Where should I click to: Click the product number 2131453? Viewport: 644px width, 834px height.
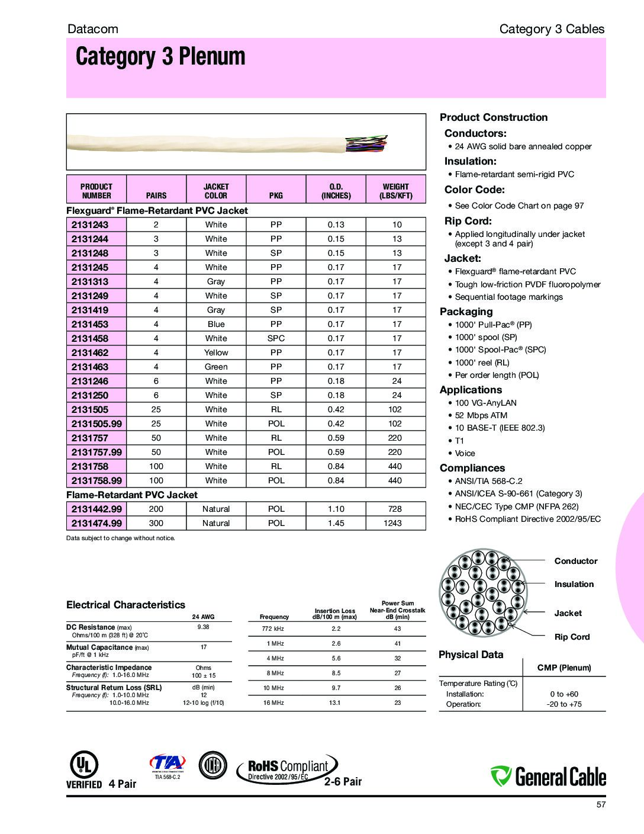pyautogui.click(x=90, y=324)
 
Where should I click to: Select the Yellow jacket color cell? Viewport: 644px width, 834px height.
pyautogui.click(x=216, y=352)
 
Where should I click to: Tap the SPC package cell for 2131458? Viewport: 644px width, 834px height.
pyautogui.click(x=276, y=338)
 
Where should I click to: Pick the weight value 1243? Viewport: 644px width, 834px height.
pyautogui.click(x=392, y=523)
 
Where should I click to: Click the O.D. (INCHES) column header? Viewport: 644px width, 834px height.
pyautogui.click(x=336, y=191)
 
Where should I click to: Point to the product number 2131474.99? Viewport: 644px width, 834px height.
pyautogui.click(x=96, y=523)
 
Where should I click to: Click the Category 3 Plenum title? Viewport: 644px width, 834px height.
pyautogui.click(x=160, y=57)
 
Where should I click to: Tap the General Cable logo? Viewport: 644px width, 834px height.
pyautogui.click(x=548, y=776)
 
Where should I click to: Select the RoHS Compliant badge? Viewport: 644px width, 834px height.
pyautogui.click(x=288, y=769)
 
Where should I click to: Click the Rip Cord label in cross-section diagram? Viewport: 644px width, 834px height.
pyautogui.click(x=572, y=637)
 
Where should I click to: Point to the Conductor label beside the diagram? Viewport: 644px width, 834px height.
pyautogui.click(x=575, y=561)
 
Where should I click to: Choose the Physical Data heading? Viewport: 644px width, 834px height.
pyautogui.click(x=471, y=655)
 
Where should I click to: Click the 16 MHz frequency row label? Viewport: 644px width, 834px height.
pyautogui.click(x=274, y=703)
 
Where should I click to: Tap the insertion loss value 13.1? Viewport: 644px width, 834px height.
pyautogui.click(x=335, y=703)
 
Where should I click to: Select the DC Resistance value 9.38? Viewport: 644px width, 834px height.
pyautogui.click(x=203, y=627)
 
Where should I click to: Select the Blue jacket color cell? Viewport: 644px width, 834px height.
pyautogui.click(x=216, y=324)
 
